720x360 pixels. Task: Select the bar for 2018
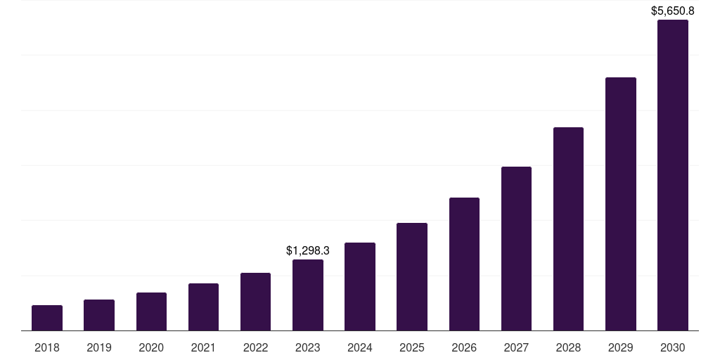point(47,318)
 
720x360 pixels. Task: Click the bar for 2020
point(151,311)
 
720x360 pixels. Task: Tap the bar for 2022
point(255,302)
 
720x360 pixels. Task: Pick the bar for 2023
point(308,295)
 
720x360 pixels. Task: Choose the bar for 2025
point(412,277)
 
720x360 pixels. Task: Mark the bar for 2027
point(516,249)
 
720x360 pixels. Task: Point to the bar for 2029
point(621,204)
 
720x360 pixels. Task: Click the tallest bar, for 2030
point(673,175)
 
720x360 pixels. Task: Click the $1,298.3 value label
point(308,250)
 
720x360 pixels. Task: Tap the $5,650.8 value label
point(673,11)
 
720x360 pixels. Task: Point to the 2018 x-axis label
point(47,347)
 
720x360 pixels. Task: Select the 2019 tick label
point(99,347)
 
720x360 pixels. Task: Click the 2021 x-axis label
point(203,347)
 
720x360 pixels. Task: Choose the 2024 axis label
point(360,347)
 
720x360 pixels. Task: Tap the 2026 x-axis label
point(464,347)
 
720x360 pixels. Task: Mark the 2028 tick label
point(568,347)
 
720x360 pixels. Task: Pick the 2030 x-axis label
point(673,347)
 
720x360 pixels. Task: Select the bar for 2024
point(360,287)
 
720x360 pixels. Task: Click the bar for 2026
point(464,264)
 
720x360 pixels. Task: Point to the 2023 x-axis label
point(308,347)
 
